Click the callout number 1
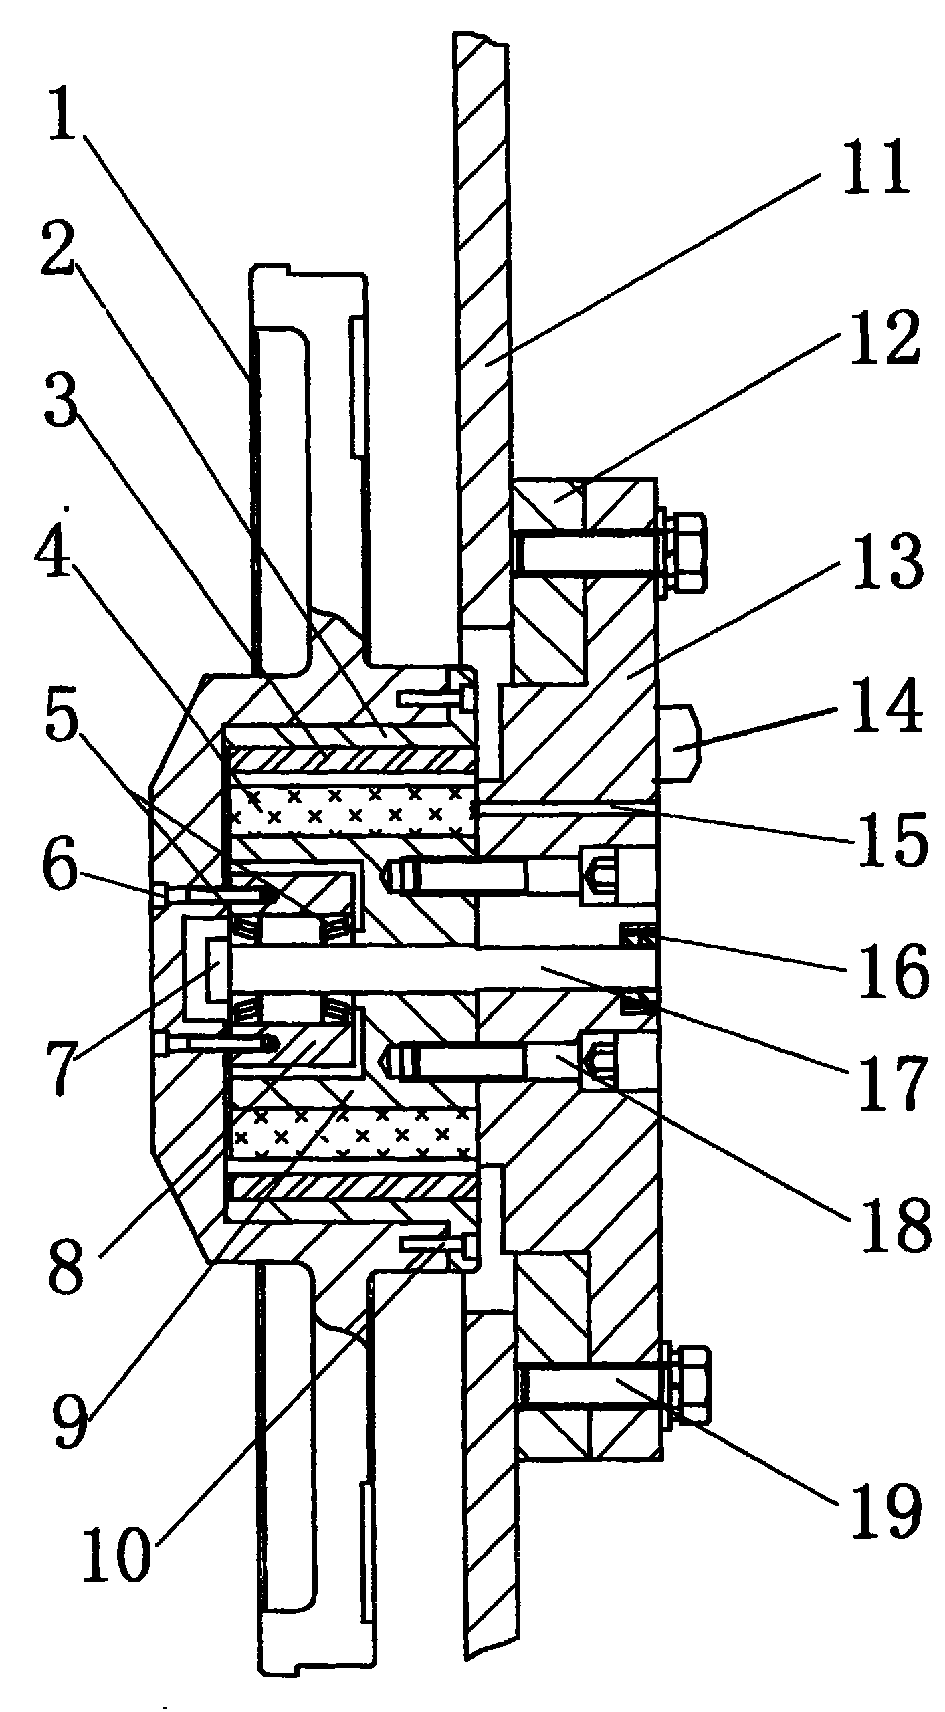[64, 118]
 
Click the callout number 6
[60, 869]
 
